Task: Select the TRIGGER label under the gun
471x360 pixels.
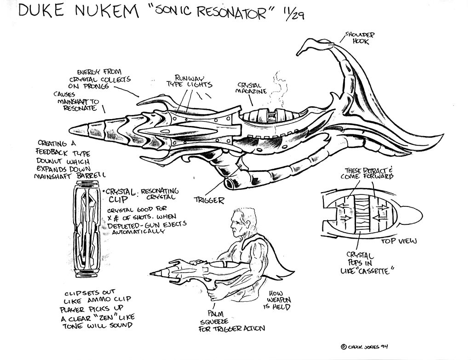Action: (209, 200)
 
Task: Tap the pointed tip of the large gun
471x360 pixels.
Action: (73, 131)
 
